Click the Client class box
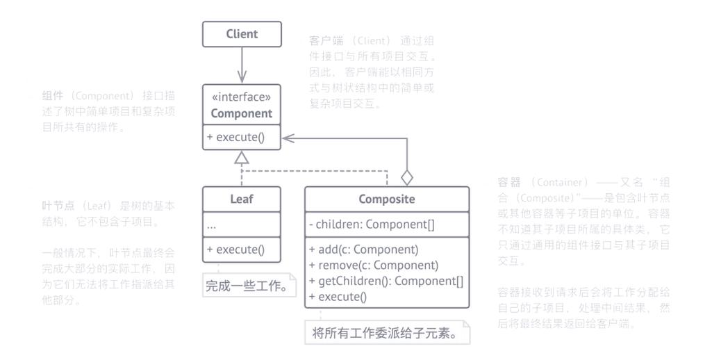[242, 34]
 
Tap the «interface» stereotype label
[242, 97]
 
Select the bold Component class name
[242, 113]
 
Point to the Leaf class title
[242, 199]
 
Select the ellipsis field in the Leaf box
[212, 225]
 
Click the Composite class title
[387, 199]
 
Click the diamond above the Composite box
[407, 177]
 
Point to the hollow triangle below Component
[241, 157]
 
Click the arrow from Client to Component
[242, 65]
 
